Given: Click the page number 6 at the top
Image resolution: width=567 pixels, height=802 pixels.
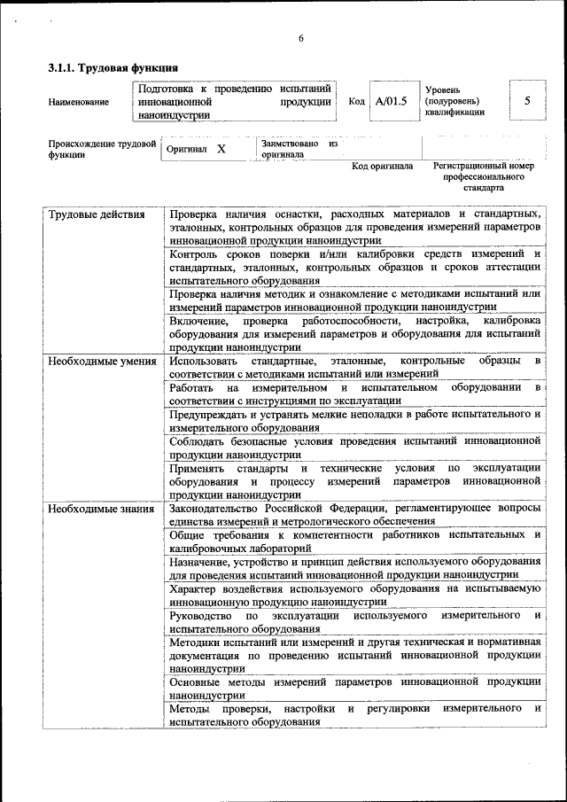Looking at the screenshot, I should [300, 37].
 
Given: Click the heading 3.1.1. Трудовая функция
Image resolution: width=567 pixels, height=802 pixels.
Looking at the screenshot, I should [113, 67].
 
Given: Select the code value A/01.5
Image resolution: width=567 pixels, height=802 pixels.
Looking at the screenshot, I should [391, 102].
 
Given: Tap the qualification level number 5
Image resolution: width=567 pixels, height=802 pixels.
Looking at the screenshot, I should [527, 101].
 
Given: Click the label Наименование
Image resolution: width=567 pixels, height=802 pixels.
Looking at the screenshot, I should [79, 102].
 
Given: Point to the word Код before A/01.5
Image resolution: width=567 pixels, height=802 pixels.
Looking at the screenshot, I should [356, 102].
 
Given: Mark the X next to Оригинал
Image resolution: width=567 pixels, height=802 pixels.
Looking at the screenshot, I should [221, 149].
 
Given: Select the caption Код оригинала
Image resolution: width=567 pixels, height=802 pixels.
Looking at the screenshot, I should [382, 166].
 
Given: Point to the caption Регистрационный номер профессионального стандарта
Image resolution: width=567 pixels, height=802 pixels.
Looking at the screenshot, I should [483, 176].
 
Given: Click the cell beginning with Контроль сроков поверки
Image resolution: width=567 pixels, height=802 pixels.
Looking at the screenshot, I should [354, 267].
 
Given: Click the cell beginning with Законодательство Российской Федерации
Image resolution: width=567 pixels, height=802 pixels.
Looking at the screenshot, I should [354, 515].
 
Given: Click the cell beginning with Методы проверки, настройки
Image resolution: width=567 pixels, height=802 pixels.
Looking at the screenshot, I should [354, 715].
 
